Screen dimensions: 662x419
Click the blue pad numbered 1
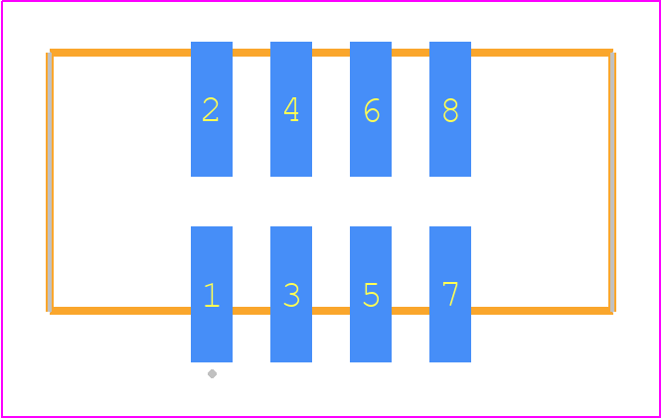coord(212,294)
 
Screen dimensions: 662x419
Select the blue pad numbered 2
coord(212,109)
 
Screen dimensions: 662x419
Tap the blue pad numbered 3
coord(291,294)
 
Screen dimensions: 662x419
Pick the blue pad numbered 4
coord(291,109)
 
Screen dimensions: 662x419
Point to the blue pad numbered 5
coord(371,294)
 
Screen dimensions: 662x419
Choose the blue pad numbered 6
coord(371,109)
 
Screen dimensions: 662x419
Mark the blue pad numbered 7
coord(450,294)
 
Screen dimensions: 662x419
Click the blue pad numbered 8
coord(450,109)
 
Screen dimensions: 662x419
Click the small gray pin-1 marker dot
coord(213,374)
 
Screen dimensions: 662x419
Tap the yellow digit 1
coord(212,295)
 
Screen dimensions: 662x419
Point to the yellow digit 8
coord(450,110)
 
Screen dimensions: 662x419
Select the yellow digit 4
coord(291,109)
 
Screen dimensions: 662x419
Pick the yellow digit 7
coord(450,293)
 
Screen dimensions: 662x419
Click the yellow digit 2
coord(211,109)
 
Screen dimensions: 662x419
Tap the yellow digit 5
coord(371,295)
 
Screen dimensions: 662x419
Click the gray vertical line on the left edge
coord(50,182)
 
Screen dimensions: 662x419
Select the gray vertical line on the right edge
coord(611,182)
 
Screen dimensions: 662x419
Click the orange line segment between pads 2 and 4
coord(251,53)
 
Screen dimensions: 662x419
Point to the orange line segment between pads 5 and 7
coord(411,311)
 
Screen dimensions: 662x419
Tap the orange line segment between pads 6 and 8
coord(411,53)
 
